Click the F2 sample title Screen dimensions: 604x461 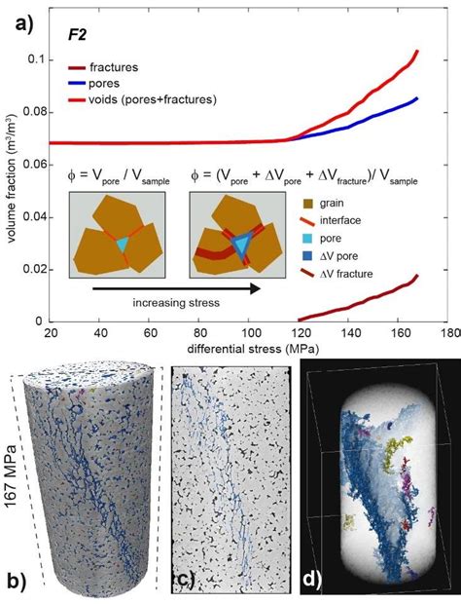click(x=78, y=33)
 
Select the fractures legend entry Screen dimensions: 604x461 click(x=115, y=68)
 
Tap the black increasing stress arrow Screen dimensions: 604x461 click(x=165, y=288)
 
